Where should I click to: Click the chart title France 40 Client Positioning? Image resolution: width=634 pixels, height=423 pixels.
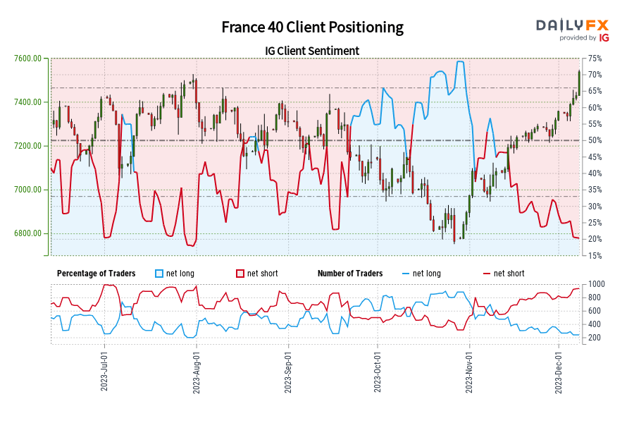[312, 27]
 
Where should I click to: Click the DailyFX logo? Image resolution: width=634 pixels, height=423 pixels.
[573, 29]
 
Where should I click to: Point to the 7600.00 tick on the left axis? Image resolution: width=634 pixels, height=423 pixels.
[27, 59]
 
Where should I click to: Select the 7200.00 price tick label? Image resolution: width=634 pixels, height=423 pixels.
[27, 146]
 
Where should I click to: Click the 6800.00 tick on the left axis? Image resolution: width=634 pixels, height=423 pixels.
[27, 233]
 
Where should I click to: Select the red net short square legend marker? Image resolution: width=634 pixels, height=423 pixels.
[240, 274]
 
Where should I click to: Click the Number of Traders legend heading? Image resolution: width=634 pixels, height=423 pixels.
[350, 274]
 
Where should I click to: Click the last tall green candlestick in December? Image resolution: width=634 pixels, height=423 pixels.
[579, 81]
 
